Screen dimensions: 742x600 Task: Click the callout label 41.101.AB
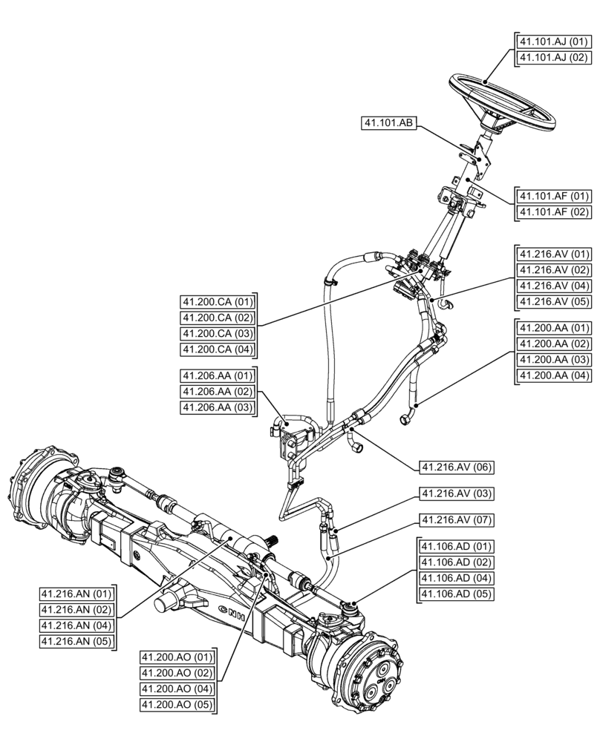coord(388,124)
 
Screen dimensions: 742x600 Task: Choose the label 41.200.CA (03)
coord(218,334)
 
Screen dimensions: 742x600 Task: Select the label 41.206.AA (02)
coord(218,392)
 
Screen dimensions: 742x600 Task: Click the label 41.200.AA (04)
coord(553,375)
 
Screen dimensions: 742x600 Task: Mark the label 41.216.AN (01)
coord(76,594)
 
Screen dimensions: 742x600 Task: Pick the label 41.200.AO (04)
coord(177,689)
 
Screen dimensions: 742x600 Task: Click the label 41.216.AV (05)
coord(553,302)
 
